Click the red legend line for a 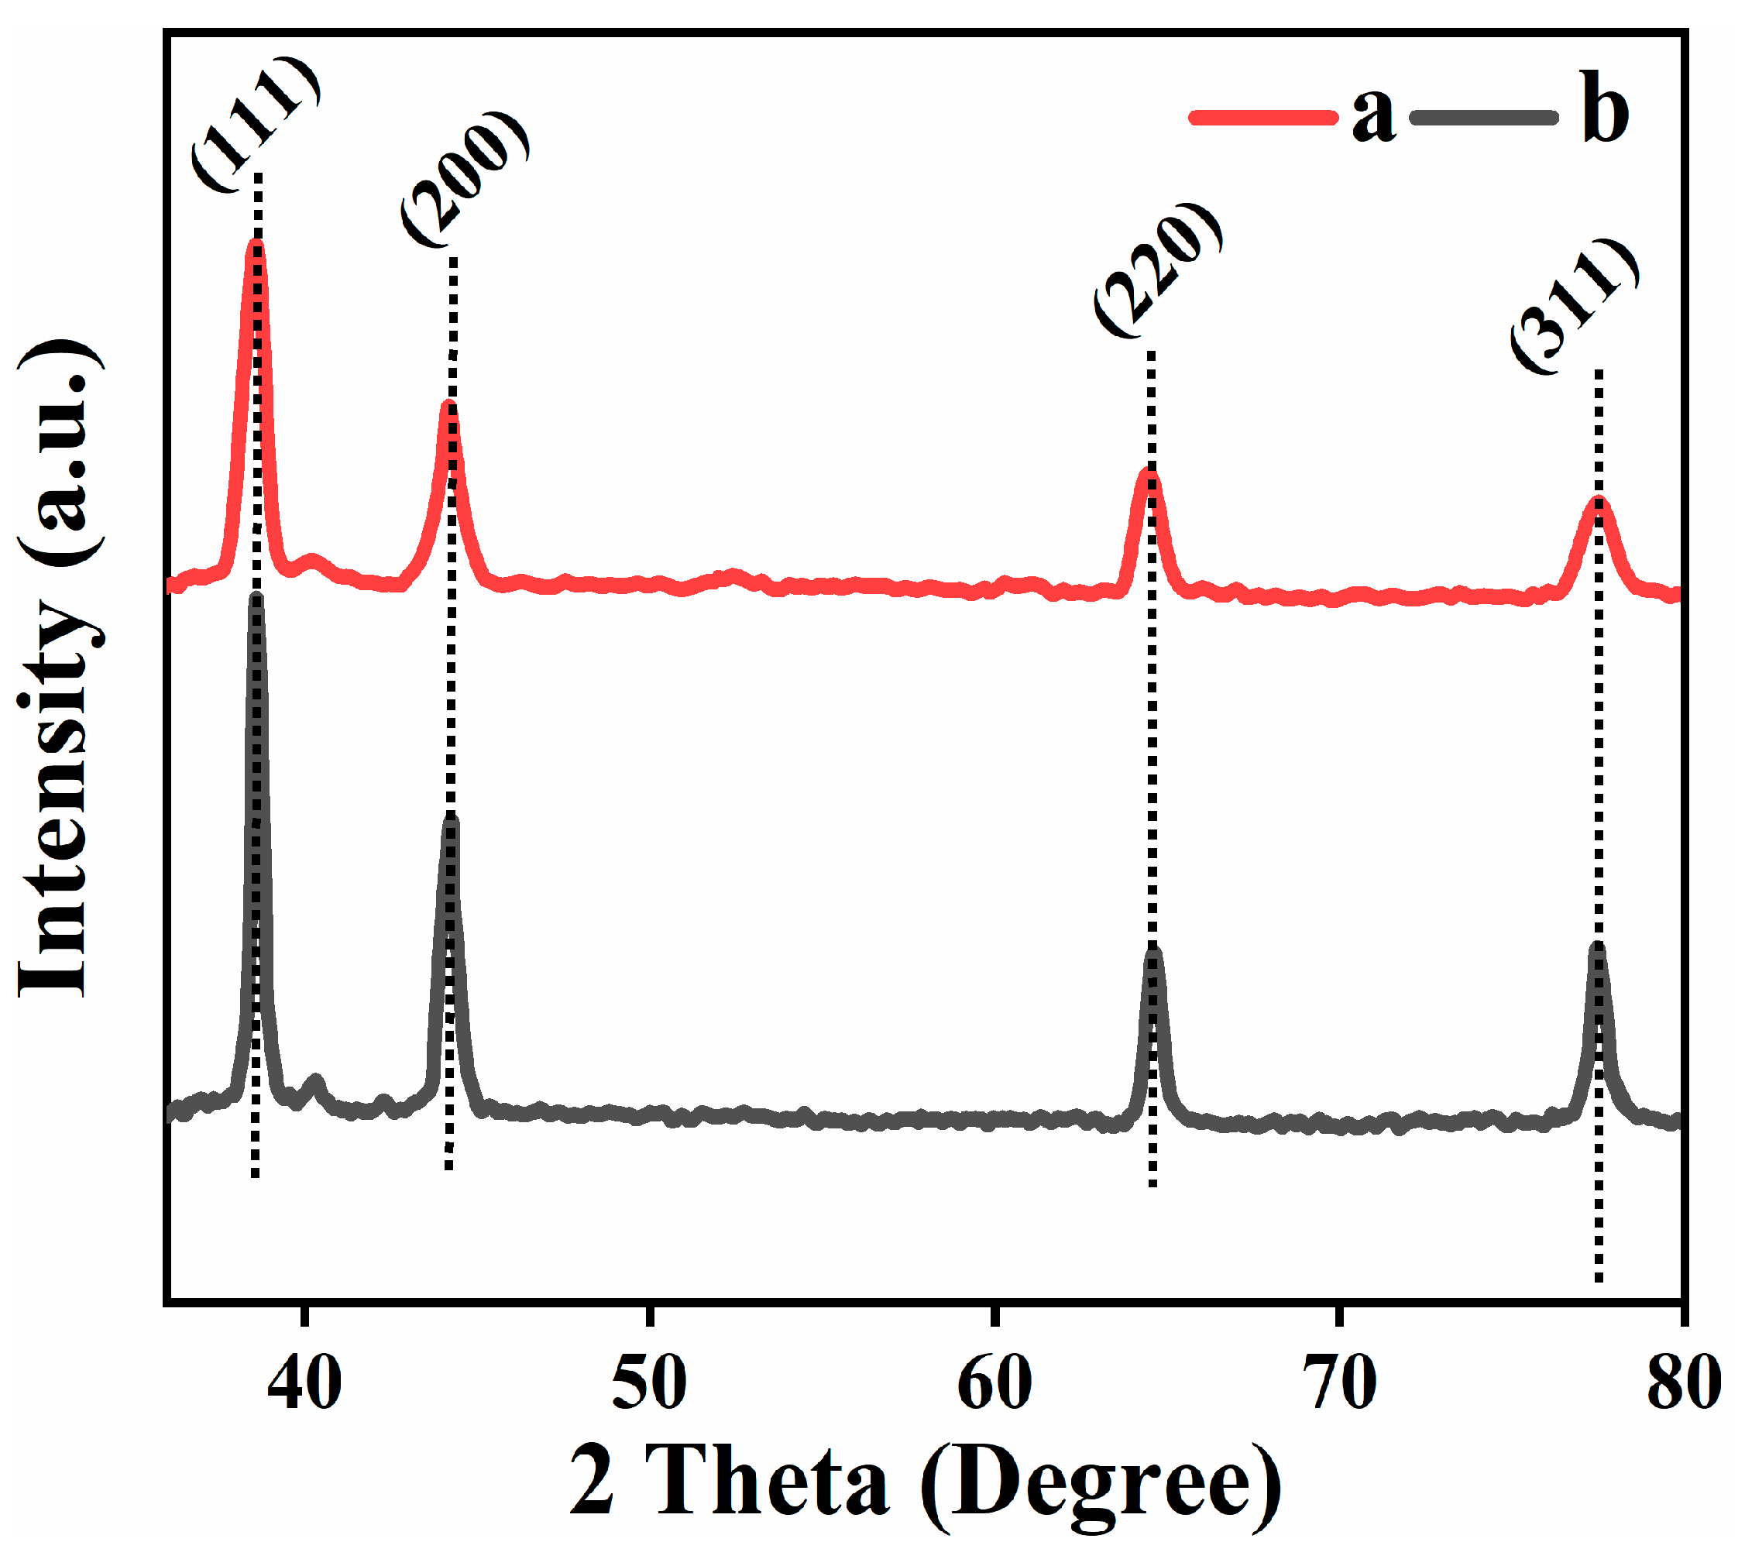click(x=1262, y=117)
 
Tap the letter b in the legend click(x=1604, y=108)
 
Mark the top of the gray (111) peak click(x=256, y=599)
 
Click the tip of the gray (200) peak click(x=452, y=822)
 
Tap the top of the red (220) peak click(x=1150, y=472)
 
